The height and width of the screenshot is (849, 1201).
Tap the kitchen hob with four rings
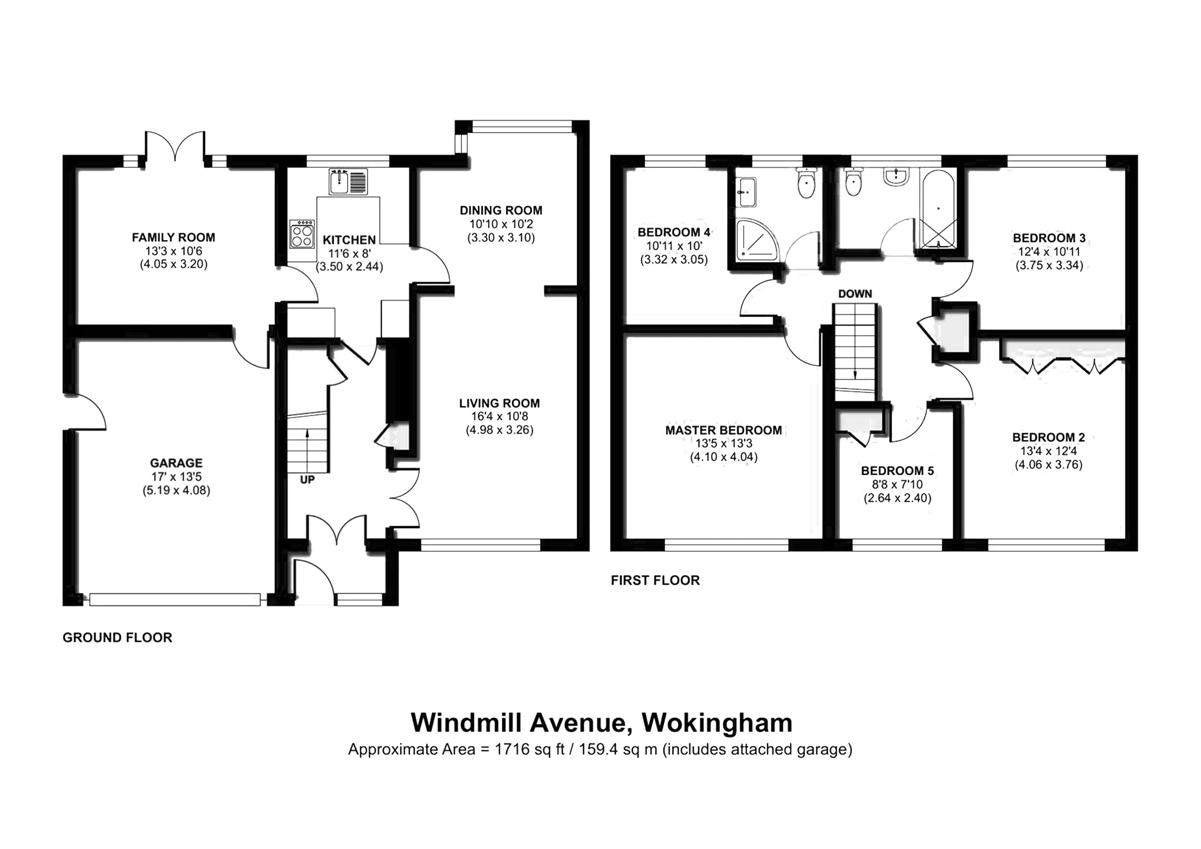[x=302, y=234]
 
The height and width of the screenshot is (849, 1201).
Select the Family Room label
[x=173, y=238]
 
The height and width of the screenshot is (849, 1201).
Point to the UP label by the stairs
[x=307, y=479]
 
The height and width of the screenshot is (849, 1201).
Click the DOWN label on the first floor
[x=855, y=294]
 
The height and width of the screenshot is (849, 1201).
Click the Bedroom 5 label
[x=897, y=471]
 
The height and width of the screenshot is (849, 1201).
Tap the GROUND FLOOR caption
[x=117, y=638]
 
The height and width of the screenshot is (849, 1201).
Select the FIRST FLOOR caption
[x=655, y=580]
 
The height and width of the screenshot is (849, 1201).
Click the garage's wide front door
[x=175, y=599]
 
